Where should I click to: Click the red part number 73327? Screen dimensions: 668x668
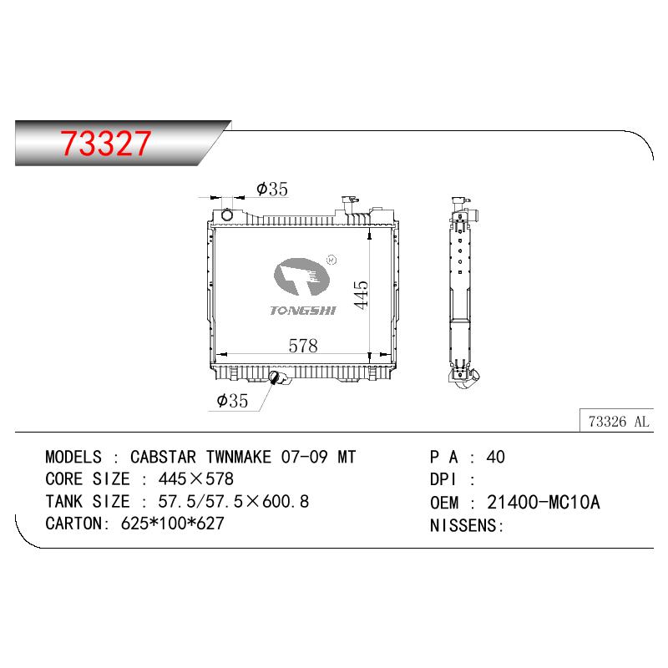105,143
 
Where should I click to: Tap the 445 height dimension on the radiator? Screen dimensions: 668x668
361,295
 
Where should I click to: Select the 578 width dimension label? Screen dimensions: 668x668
303,346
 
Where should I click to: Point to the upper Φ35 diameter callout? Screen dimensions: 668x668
272,189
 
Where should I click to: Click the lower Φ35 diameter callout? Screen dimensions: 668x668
232,401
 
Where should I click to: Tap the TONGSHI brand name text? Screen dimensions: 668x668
303,311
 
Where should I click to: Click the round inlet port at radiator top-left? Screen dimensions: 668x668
227,215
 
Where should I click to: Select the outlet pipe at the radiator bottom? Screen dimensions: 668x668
278,378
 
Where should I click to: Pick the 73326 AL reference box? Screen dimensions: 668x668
616,421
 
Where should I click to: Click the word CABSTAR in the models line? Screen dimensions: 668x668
163,457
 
